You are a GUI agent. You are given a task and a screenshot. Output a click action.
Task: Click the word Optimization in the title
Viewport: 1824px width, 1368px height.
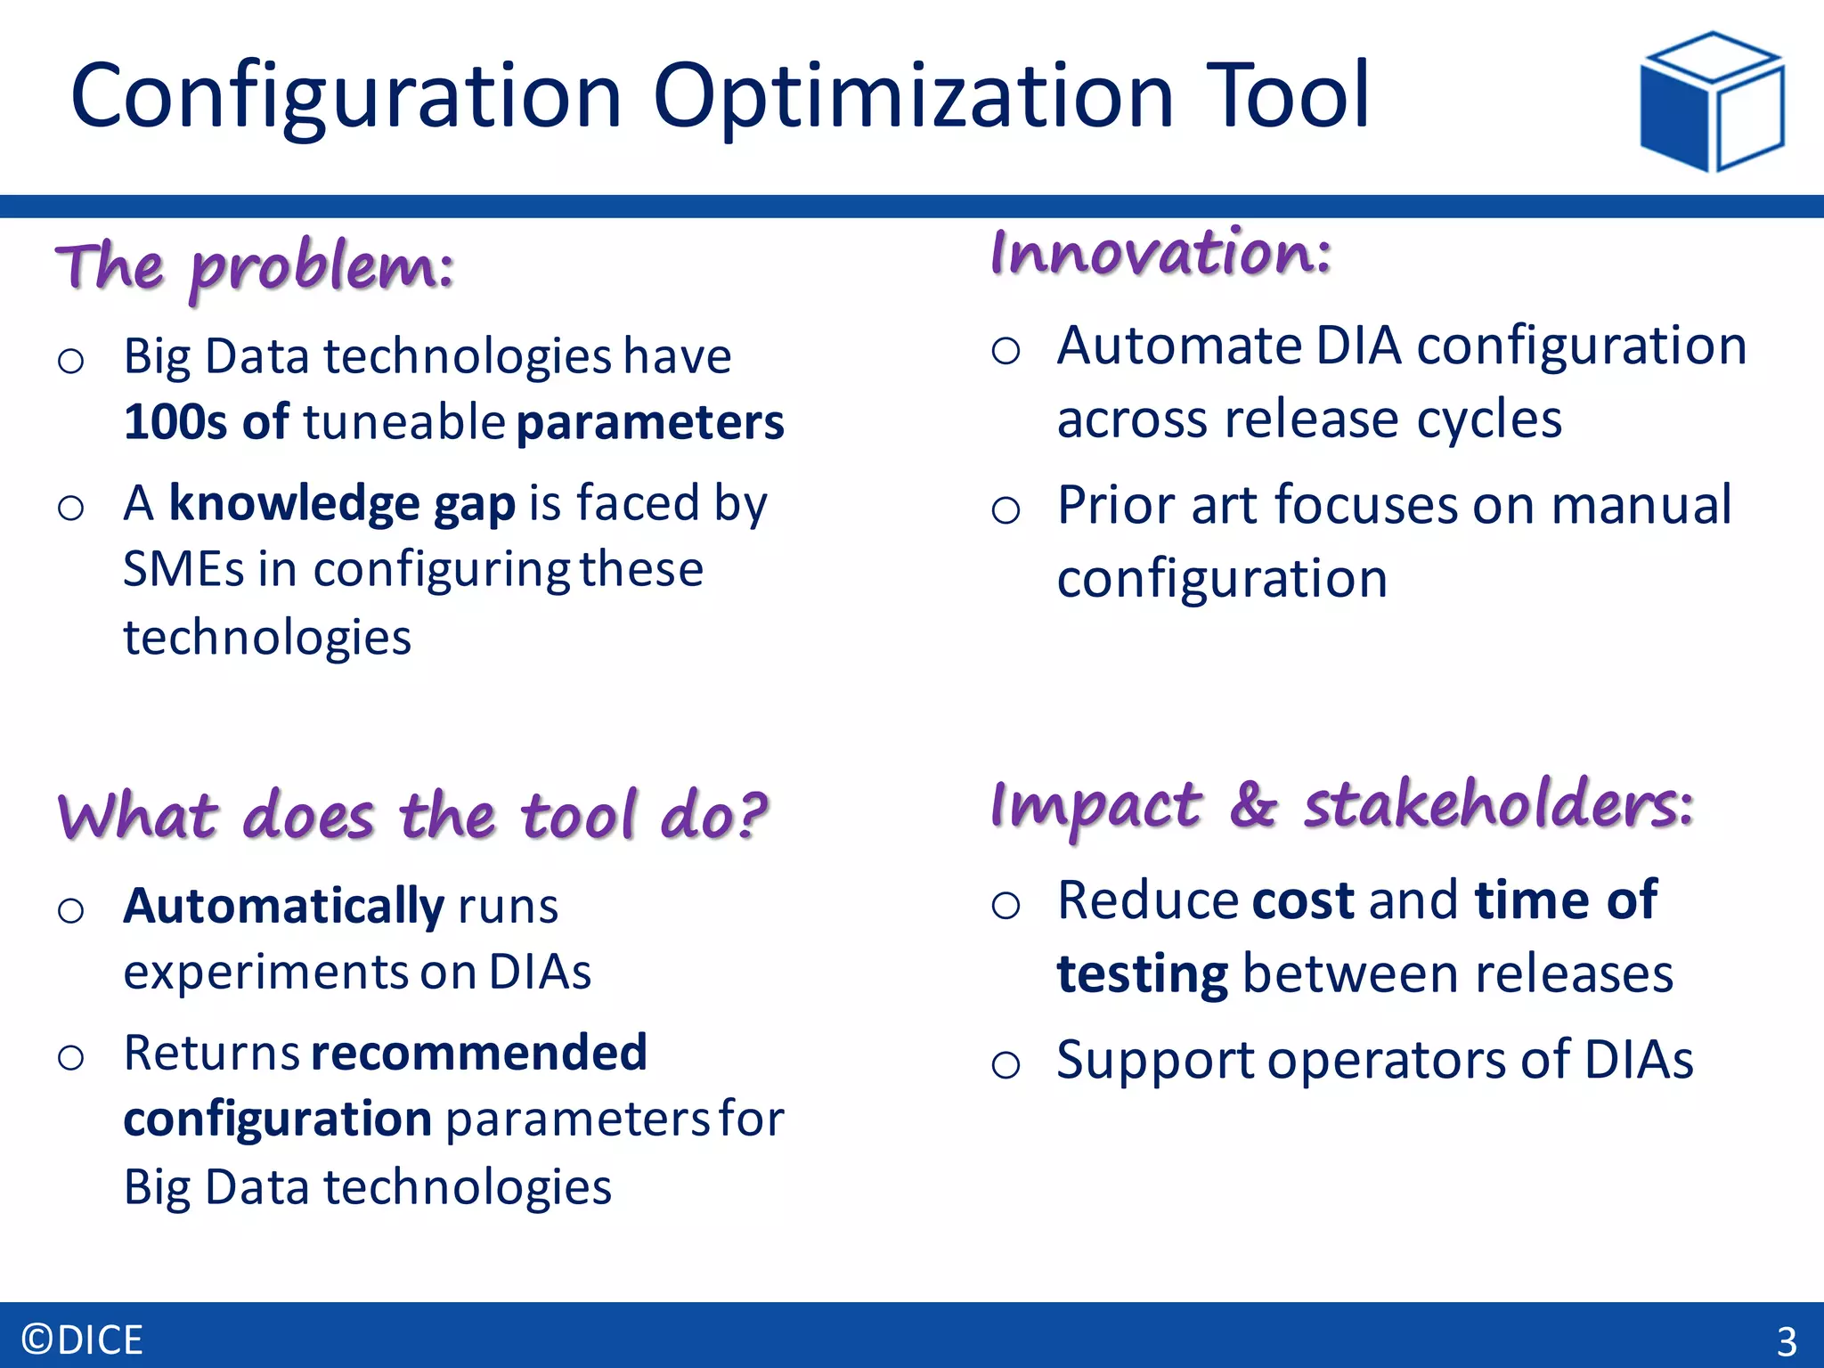tap(912, 96)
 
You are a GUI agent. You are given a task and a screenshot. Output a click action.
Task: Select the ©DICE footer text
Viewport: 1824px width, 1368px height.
tap(82, 1339)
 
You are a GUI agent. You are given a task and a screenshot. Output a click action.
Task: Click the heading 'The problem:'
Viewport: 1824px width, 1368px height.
tap(255, 266)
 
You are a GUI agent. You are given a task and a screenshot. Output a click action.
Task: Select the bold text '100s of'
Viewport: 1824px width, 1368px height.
tap(206, 421)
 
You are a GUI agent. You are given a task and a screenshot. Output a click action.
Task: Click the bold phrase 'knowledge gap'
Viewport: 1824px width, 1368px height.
tap(342, 503)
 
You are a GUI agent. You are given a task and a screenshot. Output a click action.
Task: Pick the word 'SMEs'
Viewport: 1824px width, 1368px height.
tap(183, 569)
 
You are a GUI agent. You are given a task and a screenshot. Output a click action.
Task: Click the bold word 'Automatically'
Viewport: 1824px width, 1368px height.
tap(283, 906)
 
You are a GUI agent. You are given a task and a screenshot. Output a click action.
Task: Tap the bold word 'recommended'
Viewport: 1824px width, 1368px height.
tap(479, 1052)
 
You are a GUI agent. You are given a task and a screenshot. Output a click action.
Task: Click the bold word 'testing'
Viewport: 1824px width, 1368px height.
tap(1142, 973)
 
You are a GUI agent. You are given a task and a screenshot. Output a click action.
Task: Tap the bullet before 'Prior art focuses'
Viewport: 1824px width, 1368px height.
tap(1006, 510)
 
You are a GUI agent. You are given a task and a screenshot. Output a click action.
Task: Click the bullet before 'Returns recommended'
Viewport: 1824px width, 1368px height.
tap(70, 1058)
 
